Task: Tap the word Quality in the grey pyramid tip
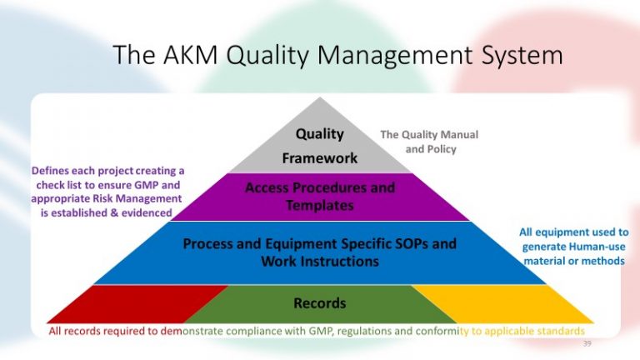pyautogui.click(x=319, y=133)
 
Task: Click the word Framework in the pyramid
pyautogui.click(x=319, y=157)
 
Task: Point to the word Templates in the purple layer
pyautogui.click(x=319, y=204)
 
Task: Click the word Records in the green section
pyautogui.click(x=319, y=303)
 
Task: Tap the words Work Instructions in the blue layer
pyautogui.click(x=319, y=262)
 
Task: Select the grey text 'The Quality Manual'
pyautogui.click(x=429, y=134)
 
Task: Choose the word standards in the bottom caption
pyautogui.click(x=557, y=331)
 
